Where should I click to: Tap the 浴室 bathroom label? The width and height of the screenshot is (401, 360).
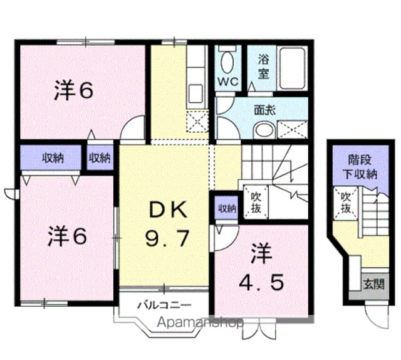[x=263, y=66]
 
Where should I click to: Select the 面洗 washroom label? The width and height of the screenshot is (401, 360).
[x=263, y=109]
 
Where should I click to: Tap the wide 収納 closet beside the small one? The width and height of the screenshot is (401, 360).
[x=52, y=158]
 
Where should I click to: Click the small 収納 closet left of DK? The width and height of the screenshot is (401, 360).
[x=100, y=158]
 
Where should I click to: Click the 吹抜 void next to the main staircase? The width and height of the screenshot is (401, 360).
[x=256, y=203]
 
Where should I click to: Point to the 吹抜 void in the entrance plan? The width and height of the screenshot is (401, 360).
[x=345, y=202]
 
